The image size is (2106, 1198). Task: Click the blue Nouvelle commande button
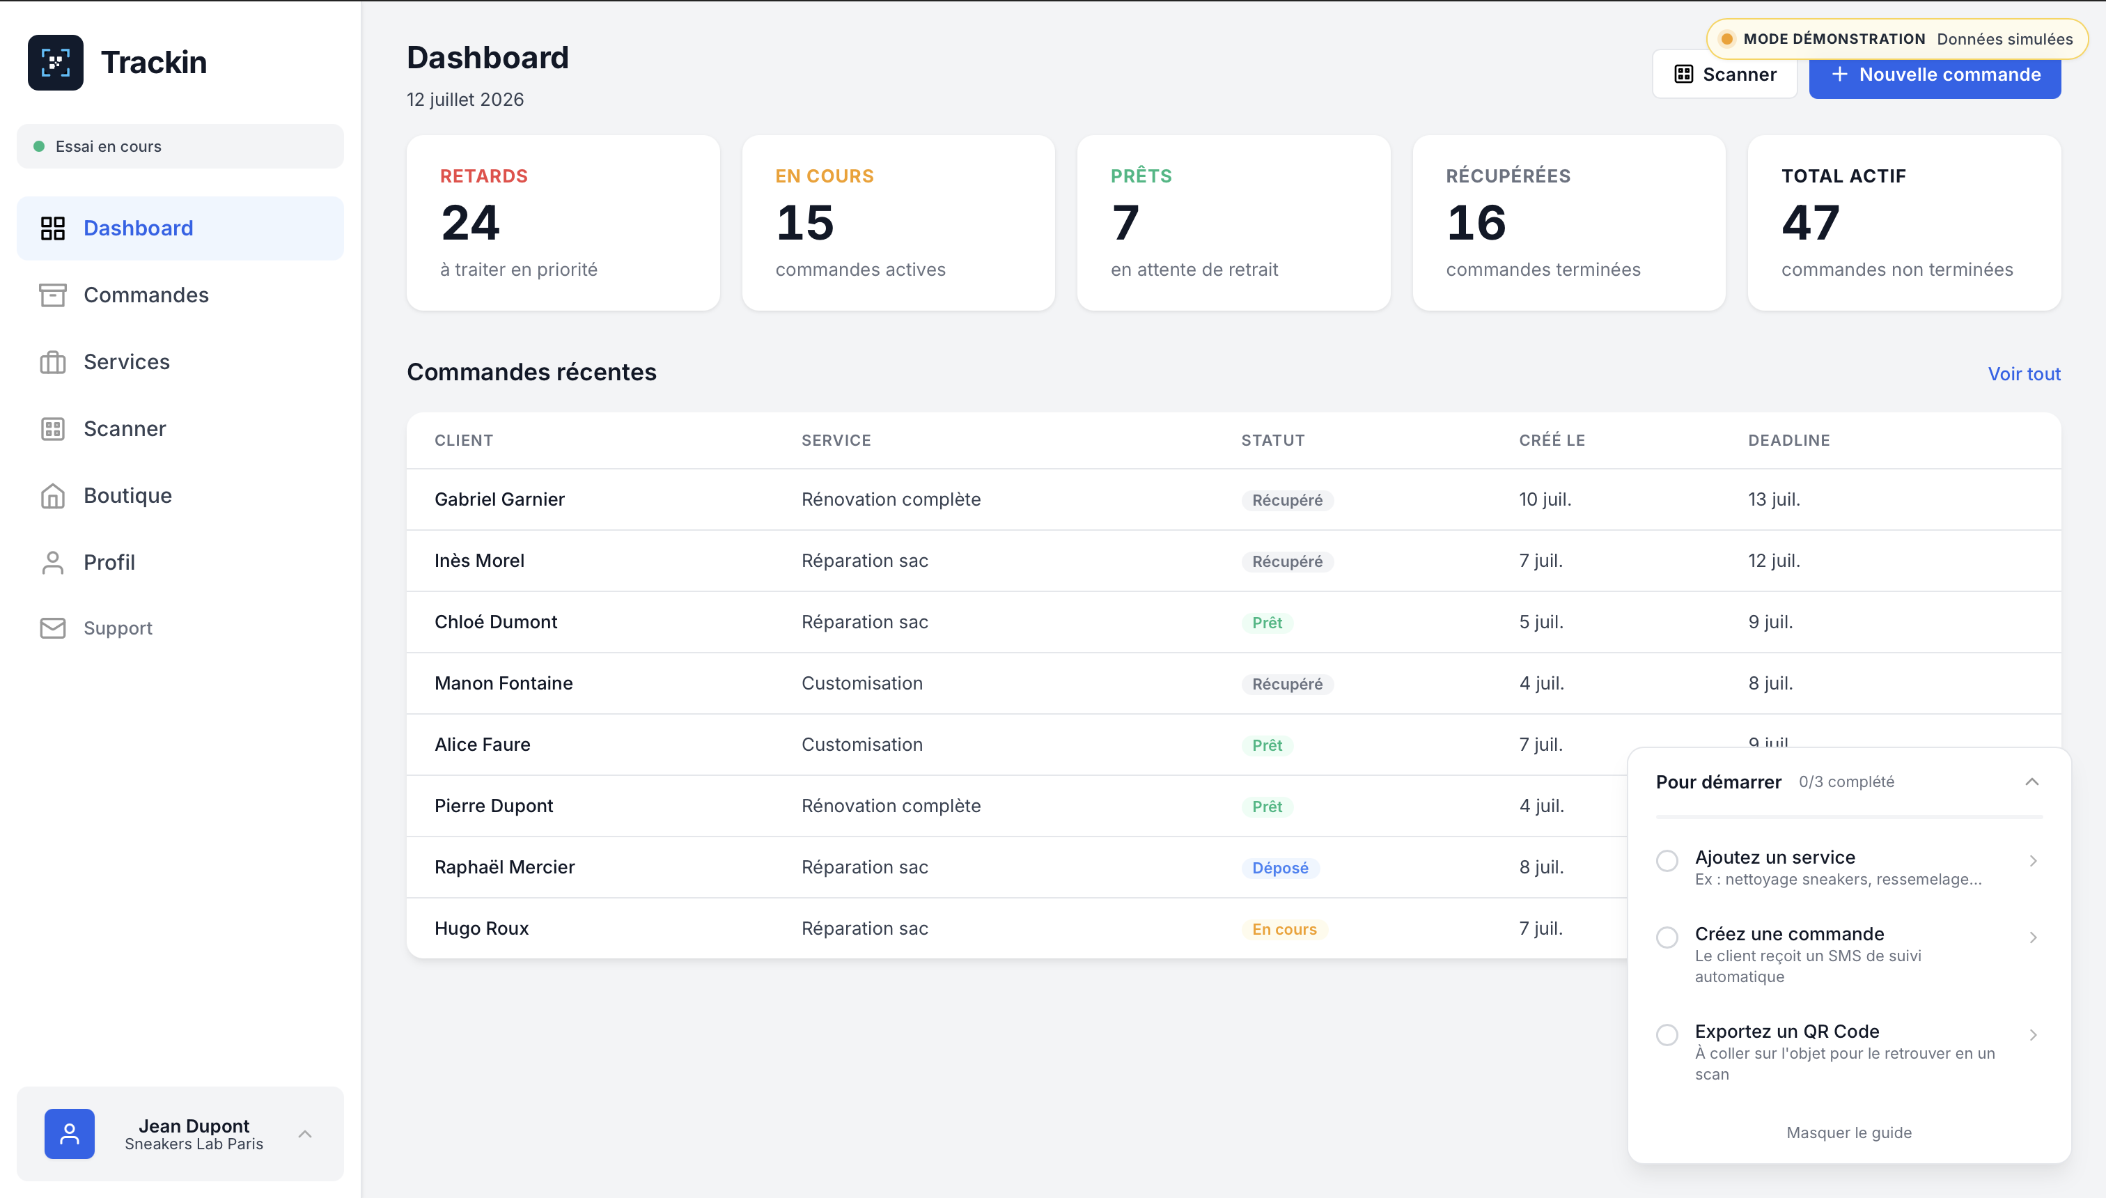click(1934, 75)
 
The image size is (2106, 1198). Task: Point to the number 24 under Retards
click(471, 223)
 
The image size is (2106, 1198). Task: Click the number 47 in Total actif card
click(1811, 223)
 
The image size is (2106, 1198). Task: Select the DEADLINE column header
click(1788, 440)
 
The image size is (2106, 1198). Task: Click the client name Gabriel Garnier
click(499, 499)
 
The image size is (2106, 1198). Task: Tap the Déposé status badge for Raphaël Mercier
click(1280, 868)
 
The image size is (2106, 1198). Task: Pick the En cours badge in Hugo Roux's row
click(1284, 929)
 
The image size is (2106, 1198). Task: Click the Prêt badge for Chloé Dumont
click(1267, 623)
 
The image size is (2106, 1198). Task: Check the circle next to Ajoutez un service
click(1667, 861)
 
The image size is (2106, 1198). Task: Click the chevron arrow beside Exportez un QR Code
click(2033, 1035)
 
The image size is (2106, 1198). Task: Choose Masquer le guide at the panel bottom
click(1848, 1133)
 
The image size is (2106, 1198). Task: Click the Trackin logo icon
click(55, 63)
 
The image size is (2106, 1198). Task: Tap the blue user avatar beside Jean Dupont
click(69, 1134)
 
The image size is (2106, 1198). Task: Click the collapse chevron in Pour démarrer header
click(2032, 781)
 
